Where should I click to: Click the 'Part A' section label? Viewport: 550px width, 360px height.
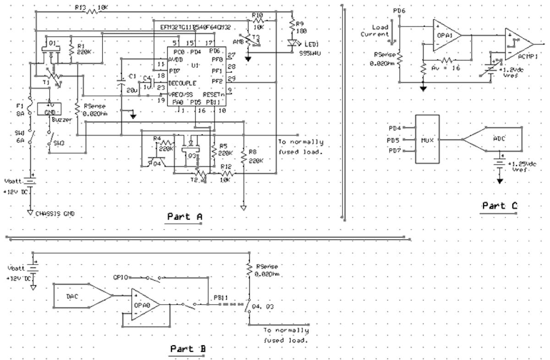coord(183,216)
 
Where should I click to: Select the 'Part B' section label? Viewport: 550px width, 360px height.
coord(188,349)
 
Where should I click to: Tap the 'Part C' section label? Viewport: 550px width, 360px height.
coord(500,206)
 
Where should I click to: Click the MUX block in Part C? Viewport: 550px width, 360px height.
coord(427,139)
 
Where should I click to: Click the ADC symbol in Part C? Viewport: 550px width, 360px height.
coord(499,139)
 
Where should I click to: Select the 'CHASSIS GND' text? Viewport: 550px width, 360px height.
coord(56,214)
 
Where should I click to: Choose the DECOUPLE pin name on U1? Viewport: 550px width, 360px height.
coord(182,83)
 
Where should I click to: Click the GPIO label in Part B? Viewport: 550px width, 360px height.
coord(121,277)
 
